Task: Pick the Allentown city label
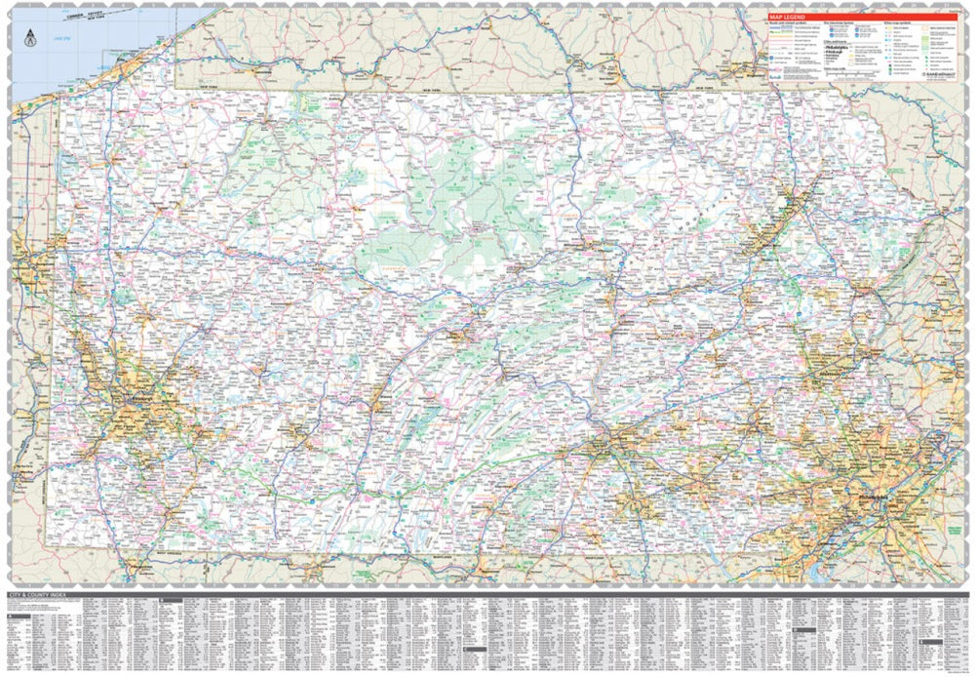pos(827,373)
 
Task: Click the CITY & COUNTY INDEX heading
pos(39,593)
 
